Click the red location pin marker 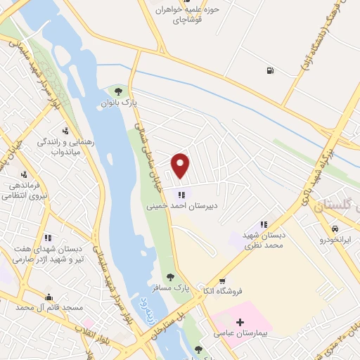pyautogui.click(x=181, y=165)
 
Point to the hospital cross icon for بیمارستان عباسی pyautogui.click(x=240, y=322)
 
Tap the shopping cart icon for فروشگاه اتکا pyautogui.click(x=222, y=281)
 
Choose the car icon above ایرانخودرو pyautogui.click(x=335, y=229)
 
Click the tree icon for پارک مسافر pyautogui.click(x=169, y=277)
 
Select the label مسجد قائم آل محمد pyautogui.click(x=50, y=308)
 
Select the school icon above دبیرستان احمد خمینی pyautogui.click(x=181, y=195)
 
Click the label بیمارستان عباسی pyautogui.click(x=240, y=336)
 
